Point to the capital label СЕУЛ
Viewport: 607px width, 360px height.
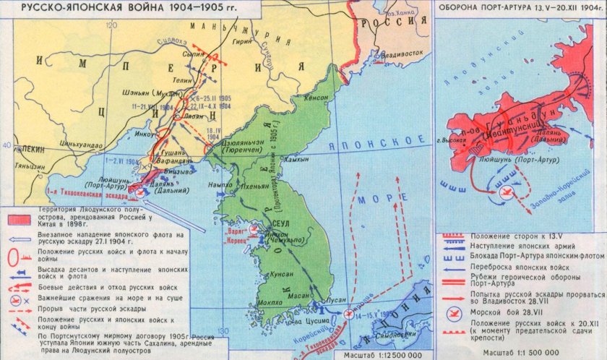(x=280, y=224)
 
